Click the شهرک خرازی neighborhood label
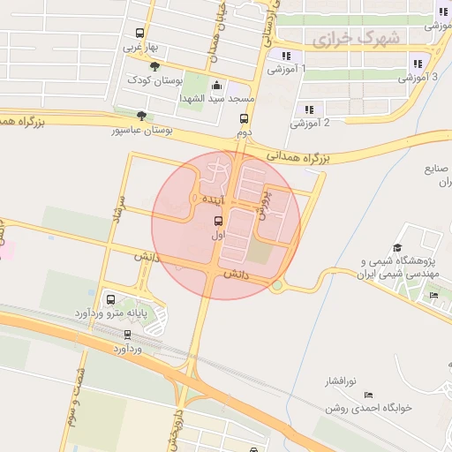356,38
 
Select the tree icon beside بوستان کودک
155,66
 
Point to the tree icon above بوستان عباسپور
141,116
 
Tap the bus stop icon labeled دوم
244,119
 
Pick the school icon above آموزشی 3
417,63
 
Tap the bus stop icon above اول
218,222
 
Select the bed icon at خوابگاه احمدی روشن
368,395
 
